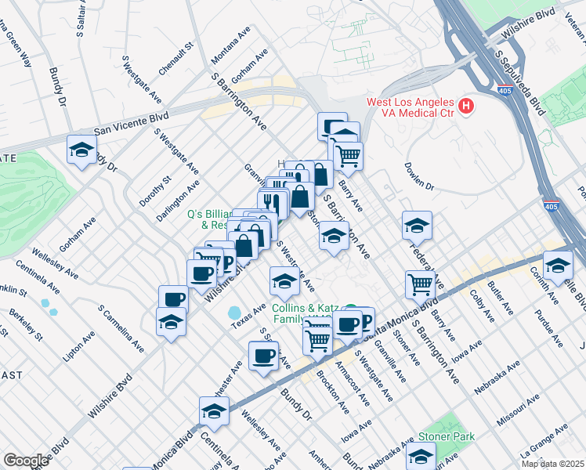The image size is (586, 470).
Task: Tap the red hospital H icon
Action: point(467,105)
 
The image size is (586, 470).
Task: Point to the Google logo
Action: point(26,461)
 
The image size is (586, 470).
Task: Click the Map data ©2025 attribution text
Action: point(552,464)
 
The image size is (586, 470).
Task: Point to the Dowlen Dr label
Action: point(419,177)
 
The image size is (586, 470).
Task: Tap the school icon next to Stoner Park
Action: point(421,456)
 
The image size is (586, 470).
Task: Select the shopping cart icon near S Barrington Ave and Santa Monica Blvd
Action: point(421,284)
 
